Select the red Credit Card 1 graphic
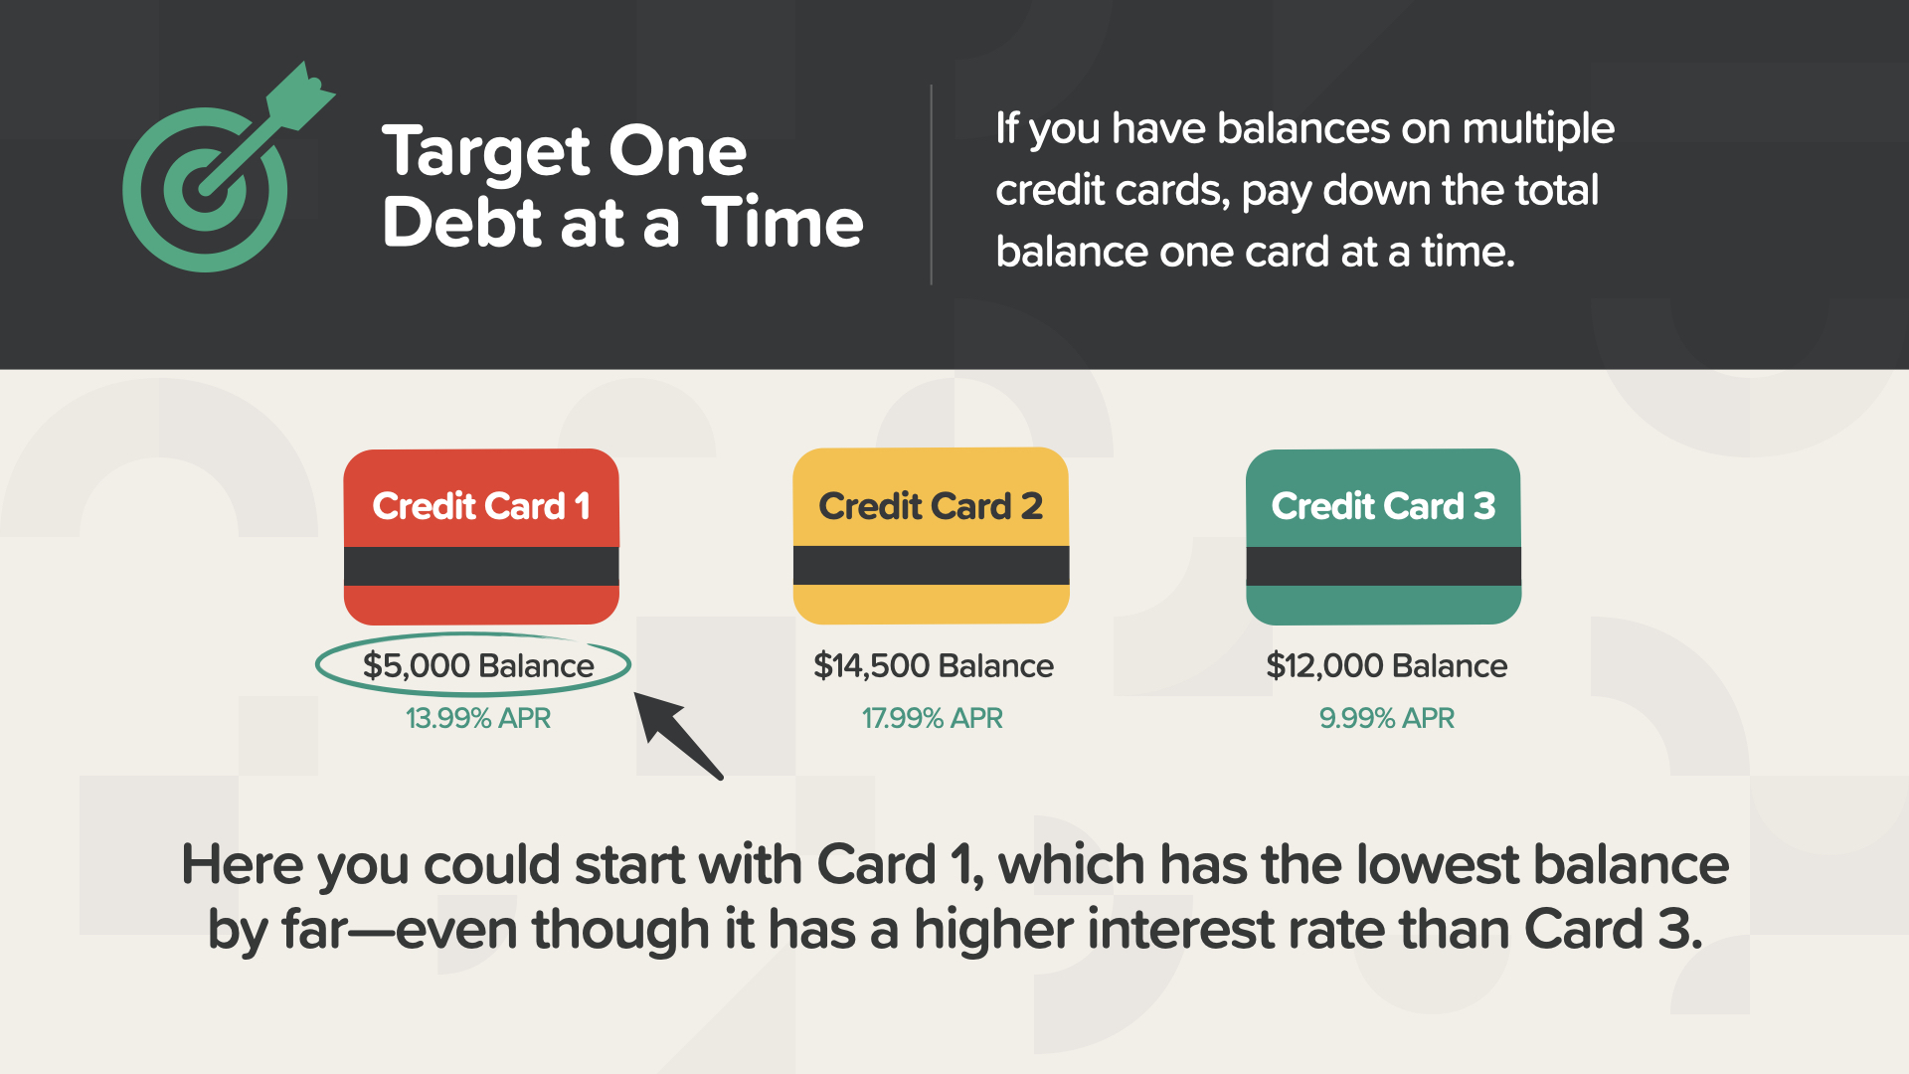pyautogui.click(x=481, y=536)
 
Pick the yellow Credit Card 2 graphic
pyautogui.click(x=931, y=536)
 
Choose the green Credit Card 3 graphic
pyautogui.click(x=1383, y=536)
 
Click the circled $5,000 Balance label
pyautogui.click(x=478, y=665)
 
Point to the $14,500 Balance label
pyautogui.click(x=933, y=665)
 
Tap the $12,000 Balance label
pyautogui.click(x=1386, y=665)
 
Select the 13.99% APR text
pyautogui.click(x=478, y=718)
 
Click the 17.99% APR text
pyautogui.click(x=932, y=718)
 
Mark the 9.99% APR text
pyautogui.click(x=1386, y=718)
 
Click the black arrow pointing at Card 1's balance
pyautogui.click(x=679, y=736)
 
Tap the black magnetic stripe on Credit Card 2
pyautogui.click(x=931, y=565)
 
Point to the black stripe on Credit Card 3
pyautogui.click(x=1383, y=566)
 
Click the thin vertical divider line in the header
pyautogui.click(x=931, y=185)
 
